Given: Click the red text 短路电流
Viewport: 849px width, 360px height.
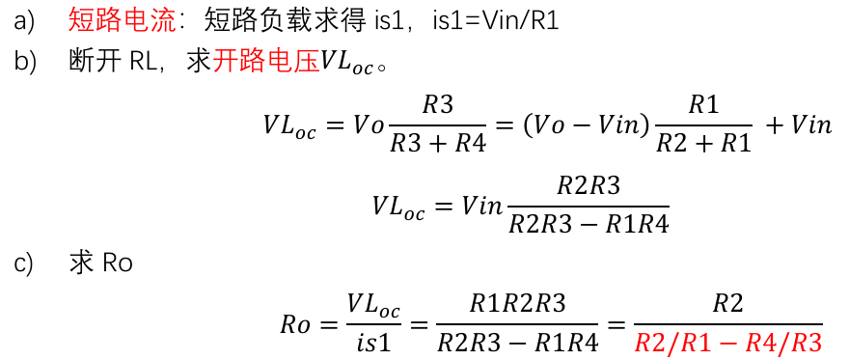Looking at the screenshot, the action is coord(122,22).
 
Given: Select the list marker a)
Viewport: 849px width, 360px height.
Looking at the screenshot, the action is coord(24,23).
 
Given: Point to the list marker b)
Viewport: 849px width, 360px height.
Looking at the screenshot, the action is coord(24,64).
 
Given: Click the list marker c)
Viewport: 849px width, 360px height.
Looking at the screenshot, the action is coord(23,265).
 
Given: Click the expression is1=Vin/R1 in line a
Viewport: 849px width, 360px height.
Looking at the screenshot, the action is coord(496,22).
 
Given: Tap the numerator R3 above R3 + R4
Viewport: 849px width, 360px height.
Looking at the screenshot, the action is coord(437,106).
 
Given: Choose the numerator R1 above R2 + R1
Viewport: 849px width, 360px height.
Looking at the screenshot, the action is coord(703,106).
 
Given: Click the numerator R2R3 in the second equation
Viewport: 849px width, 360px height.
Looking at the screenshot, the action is coord(589,187).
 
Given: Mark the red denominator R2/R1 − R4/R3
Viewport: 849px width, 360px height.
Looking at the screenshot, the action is coord(728,342).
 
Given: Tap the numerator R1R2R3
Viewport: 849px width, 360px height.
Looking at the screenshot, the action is coord(518,304).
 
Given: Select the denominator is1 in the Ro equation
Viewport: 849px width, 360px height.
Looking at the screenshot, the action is coord(374,343).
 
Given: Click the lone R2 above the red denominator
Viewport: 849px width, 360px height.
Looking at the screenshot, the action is coord(728,304).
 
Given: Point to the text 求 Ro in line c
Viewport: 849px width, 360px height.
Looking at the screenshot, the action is coord(101,265).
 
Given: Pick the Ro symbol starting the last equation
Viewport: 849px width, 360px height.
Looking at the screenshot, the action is coord(295,324).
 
